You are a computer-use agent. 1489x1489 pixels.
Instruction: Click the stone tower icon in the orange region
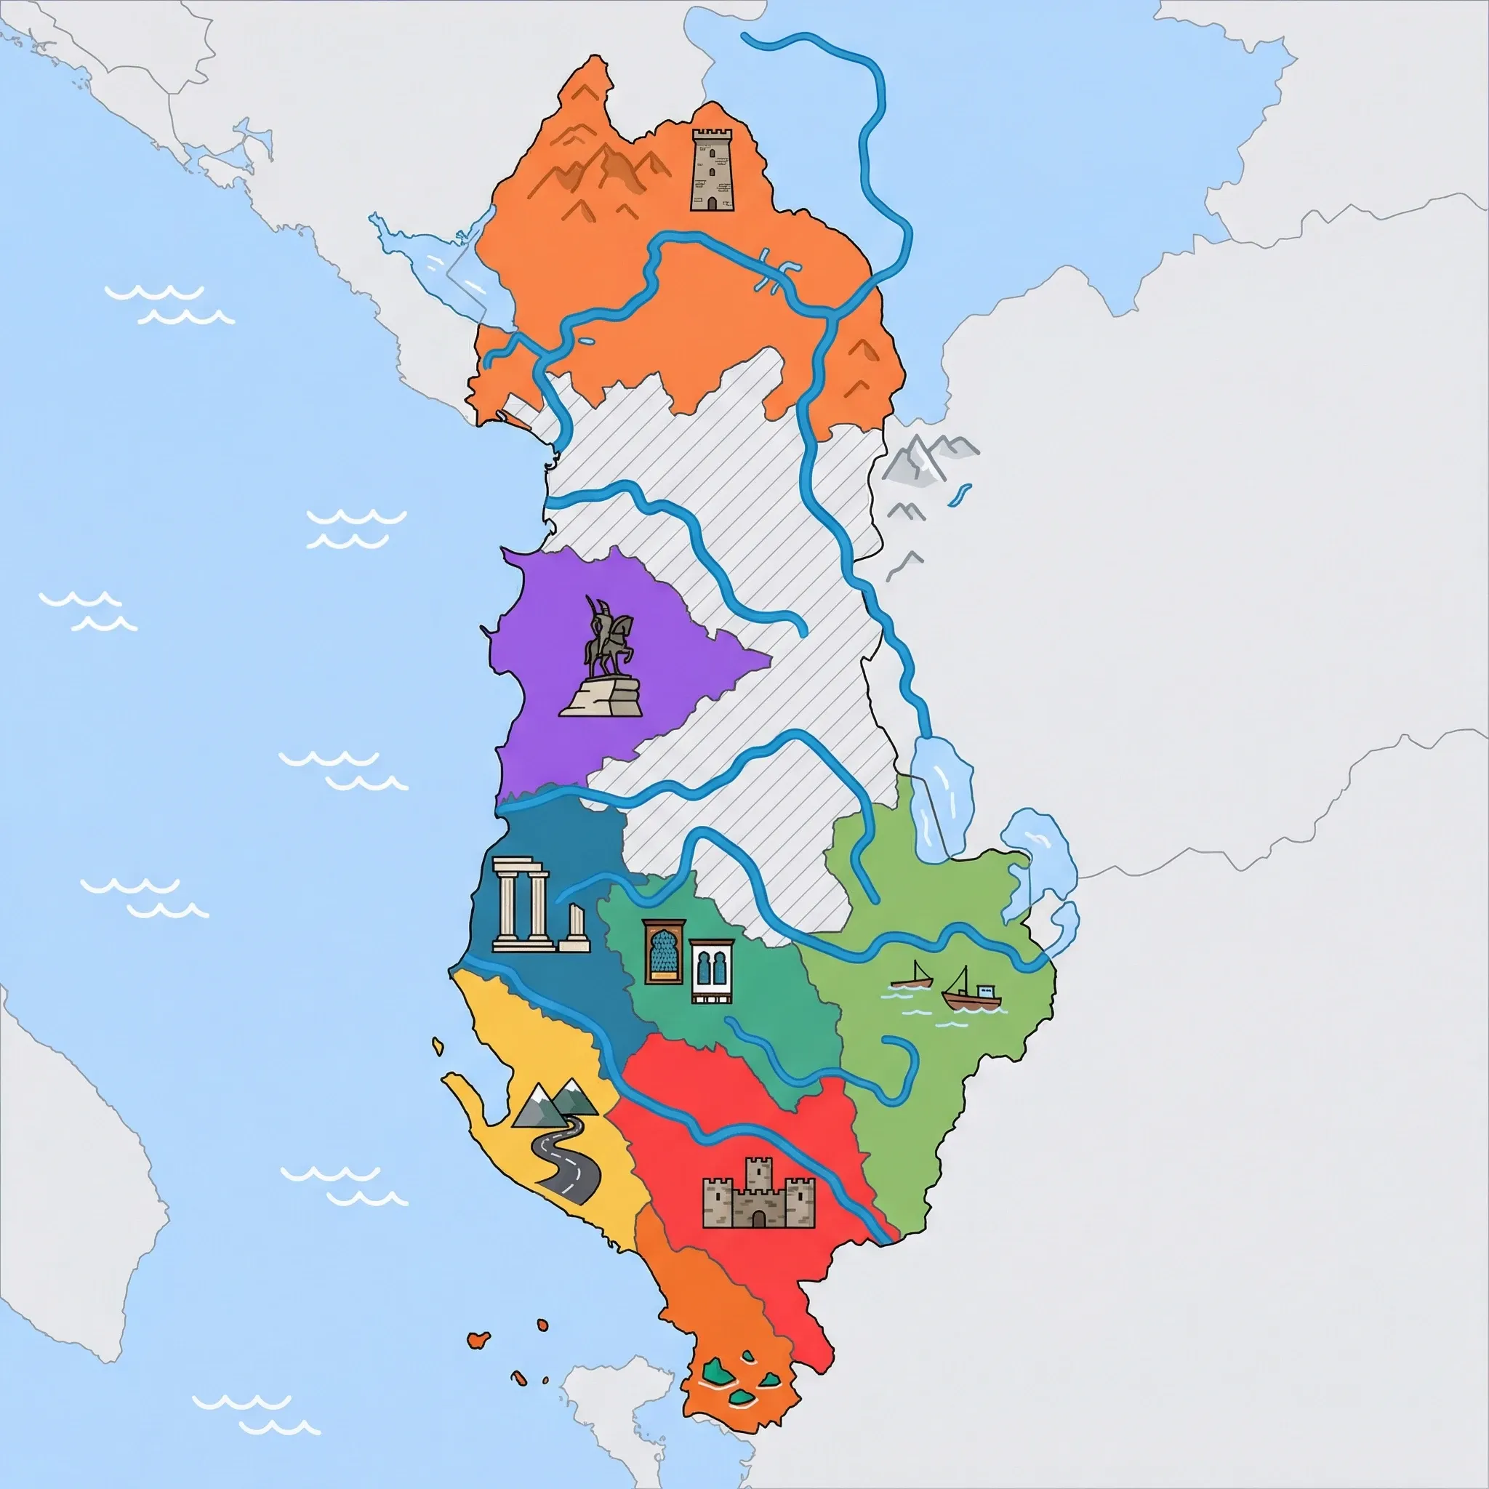point(711,169)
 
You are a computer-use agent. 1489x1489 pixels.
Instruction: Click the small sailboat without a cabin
point(914,976)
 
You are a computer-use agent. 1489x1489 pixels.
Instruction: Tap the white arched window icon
point(710,971)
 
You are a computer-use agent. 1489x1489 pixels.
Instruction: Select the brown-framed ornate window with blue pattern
point(664,951)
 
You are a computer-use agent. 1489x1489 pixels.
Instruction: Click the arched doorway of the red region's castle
point(760,1218)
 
